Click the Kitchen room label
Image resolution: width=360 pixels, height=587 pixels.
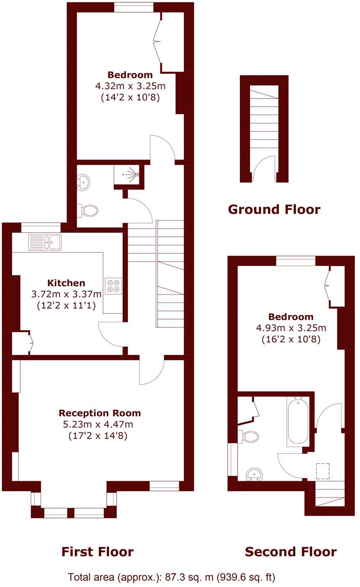pyautogui.click(x=66, y=283)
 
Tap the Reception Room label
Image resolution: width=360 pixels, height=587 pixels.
pyautogui.click(x=100, y=413)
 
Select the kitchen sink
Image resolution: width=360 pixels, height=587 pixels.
pyautogui.click(x=44, y=242)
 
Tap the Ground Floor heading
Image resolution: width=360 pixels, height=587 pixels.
pyautogui.click(x=274, y=209)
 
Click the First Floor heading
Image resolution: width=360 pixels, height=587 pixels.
pyautogui.click(x=97, y=552)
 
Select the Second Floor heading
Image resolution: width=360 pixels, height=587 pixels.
pyautogui.click(x=291, y=552)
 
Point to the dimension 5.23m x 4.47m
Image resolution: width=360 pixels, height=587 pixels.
pyautogui.click(x=98, y=425)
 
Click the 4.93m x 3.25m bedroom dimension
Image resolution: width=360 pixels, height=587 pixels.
pyautogui.click(x=291, y=328)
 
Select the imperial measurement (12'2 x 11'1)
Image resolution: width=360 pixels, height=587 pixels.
pyautogui.click(x=66, y=305)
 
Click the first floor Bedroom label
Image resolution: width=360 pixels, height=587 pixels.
pyautogui.click(x=130, y=75)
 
